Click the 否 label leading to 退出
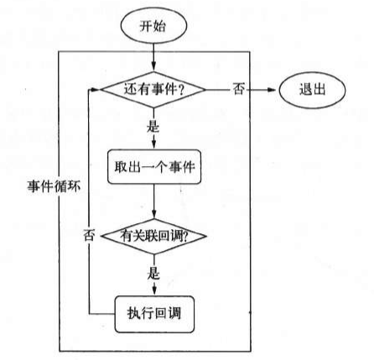click(238, 88)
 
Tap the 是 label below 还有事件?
click(154, 125)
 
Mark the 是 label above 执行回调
click(154, 274)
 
